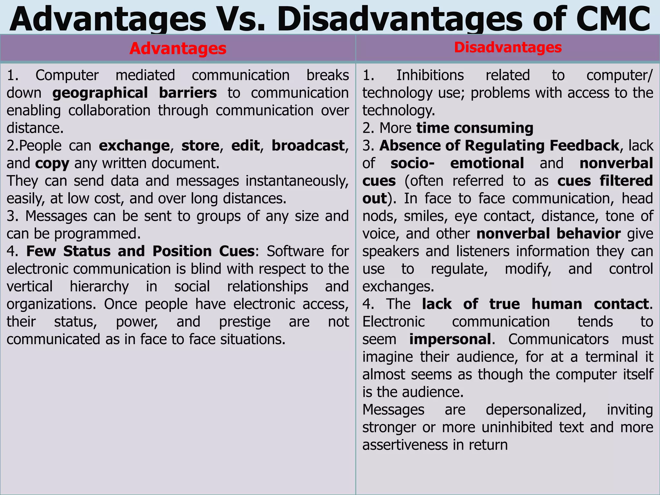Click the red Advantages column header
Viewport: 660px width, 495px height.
click(178, 49)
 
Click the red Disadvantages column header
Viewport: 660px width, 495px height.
click(508, 47)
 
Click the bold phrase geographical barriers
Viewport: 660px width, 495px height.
click(134, 93)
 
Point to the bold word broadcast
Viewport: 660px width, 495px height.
click(308, 146)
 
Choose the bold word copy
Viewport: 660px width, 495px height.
click(52, 163)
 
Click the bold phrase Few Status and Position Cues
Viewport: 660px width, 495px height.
click(141, 251)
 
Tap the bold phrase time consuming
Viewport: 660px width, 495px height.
click(475, 128)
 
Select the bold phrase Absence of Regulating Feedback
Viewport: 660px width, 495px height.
click(499, 146)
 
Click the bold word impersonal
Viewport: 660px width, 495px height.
click(450, 339)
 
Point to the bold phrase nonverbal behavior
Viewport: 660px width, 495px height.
click(548, 234)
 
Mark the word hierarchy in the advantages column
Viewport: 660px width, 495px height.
click(99, 286)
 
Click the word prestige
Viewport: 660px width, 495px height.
click(245, 322)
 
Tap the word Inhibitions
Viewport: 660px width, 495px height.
click(430, 75)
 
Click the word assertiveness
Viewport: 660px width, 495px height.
click(404, 445)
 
